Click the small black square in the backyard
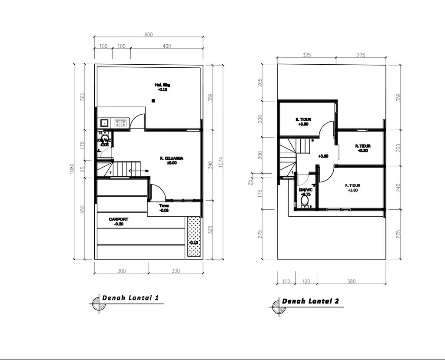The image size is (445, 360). coord(153,101)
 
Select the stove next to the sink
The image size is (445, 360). coord(121,123)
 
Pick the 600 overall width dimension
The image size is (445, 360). coord(149,35)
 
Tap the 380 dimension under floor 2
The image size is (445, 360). coord(351,281)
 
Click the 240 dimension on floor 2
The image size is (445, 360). coord(399,188)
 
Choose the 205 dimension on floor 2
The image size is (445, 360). coord(260,83)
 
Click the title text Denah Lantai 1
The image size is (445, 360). coord(127,298)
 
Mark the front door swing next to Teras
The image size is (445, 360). coord(158,191)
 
